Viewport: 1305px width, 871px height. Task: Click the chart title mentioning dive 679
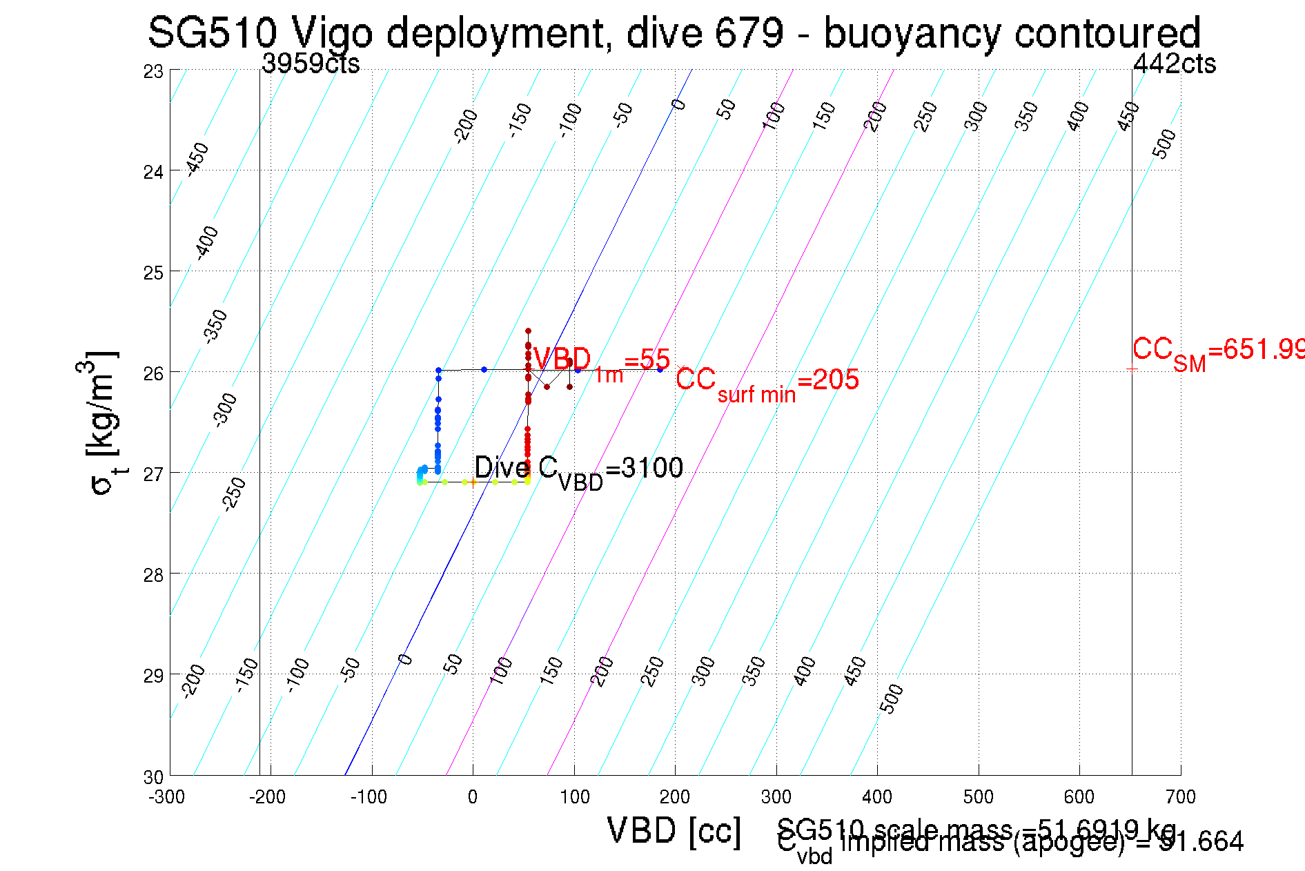(674, 33)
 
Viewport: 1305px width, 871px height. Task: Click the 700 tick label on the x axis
(1180, 797)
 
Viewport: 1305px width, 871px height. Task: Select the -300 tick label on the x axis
(166, 797)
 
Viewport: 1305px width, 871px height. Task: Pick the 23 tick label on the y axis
(153, 72)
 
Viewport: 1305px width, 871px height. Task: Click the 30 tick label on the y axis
(153, 777)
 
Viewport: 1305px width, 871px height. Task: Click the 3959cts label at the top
(311, 63)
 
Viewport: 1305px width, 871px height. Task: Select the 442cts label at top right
(1174, 63)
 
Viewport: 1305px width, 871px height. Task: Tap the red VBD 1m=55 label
(601, 362)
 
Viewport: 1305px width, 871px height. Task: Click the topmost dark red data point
(528, 331)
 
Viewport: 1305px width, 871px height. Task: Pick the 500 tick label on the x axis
(978, 797)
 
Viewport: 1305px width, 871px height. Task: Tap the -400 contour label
(206, 242)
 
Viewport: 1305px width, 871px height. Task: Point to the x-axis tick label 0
(473, 797)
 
